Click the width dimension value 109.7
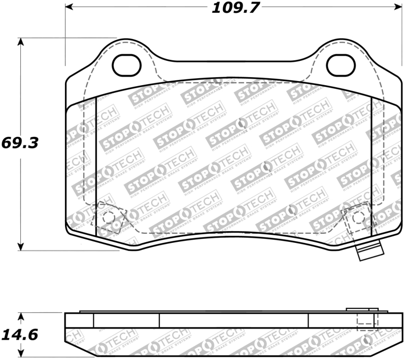230,8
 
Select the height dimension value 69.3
20,142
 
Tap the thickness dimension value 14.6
20,335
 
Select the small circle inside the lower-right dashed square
358,217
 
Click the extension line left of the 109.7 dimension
65,35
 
